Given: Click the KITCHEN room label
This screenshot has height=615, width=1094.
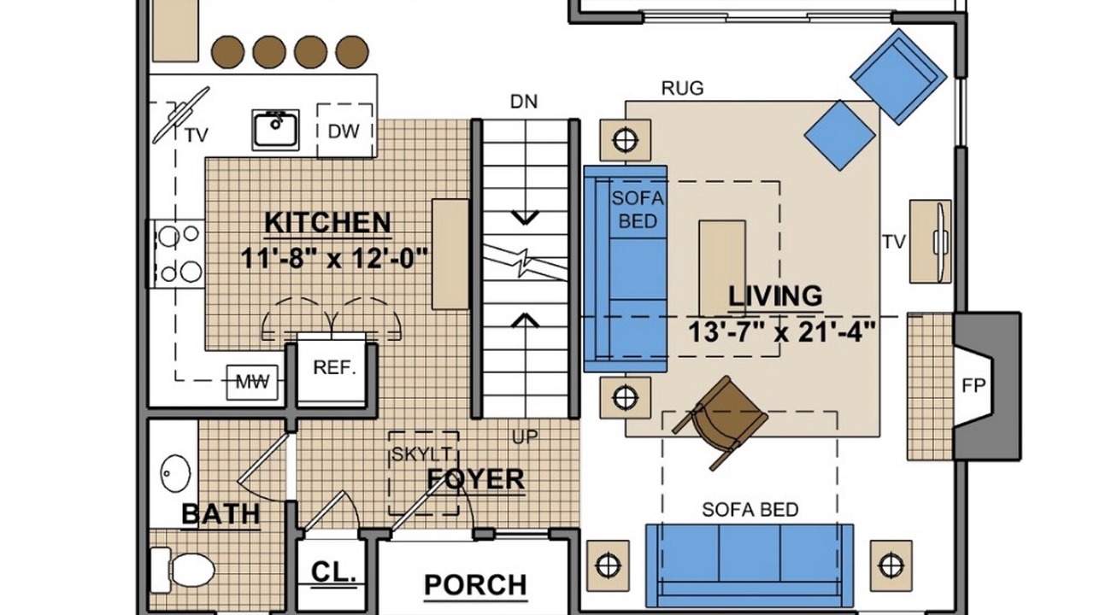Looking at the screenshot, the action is (327, 223).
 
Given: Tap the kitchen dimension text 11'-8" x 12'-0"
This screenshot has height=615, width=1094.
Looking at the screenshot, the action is (334, 258).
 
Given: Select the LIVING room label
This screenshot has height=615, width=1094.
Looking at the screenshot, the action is (775, 296).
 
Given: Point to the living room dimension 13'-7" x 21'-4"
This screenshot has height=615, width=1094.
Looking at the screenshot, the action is (781, 332).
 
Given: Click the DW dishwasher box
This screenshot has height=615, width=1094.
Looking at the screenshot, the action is (344, 131).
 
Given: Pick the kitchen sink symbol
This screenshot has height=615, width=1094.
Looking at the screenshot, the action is (275, 129).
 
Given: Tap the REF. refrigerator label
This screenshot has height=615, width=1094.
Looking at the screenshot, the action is (334, 367).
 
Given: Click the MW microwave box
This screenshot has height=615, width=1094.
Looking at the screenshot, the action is (252, 382).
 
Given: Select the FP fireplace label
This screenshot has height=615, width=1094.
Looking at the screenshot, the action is (973, 385).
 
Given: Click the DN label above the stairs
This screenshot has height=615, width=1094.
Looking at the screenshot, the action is (524, 102).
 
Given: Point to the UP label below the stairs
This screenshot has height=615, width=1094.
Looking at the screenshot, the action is (525, 436).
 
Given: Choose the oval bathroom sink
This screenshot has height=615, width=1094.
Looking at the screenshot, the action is (175, 472).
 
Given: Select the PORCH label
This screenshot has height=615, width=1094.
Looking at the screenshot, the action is (475, 584).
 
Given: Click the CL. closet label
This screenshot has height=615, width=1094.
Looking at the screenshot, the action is (333, 571).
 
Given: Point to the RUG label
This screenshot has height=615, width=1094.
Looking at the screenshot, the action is (682, 88).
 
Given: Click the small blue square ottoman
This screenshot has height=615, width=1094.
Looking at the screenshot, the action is (839, 136).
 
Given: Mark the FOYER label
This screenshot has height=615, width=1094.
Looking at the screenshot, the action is (476, 479).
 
